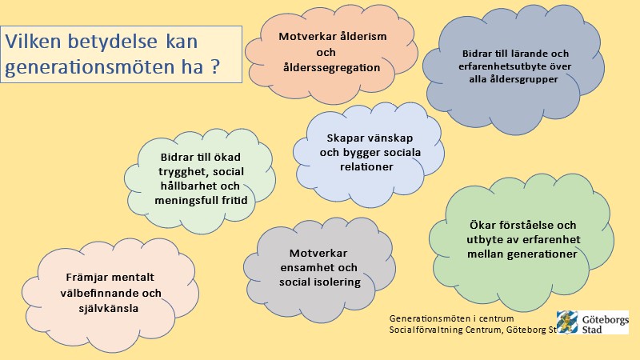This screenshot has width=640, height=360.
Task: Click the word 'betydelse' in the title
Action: [112, 42]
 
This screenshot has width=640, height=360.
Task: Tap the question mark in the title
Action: [215, 66]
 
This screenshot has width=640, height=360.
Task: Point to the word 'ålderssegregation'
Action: [331, 67]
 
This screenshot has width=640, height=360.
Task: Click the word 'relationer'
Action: [366, 166]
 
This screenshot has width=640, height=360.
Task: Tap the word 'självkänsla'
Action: [109, 308]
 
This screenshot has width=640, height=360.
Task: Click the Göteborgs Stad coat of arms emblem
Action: [568, 322]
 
